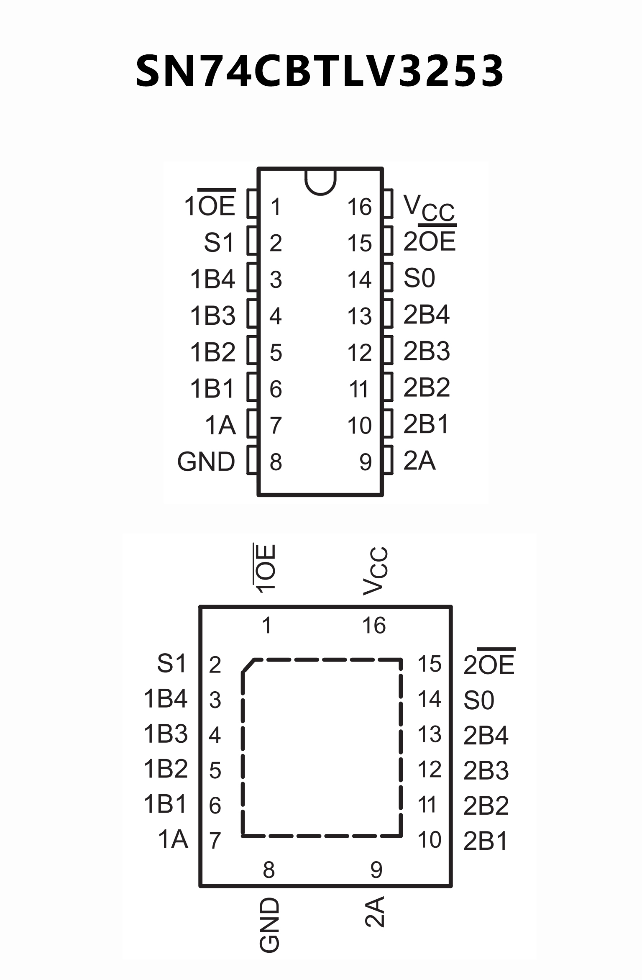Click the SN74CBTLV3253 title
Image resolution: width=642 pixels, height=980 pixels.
click(320, 71)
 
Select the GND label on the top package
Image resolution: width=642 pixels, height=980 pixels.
click(206, 462)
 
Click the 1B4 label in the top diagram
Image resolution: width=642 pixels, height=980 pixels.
click(212, 279)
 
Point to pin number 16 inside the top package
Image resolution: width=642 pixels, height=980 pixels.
click(359, 207)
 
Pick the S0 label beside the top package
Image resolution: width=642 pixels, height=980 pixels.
click(419, 278)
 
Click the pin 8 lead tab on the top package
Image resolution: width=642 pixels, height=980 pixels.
click(252, 460)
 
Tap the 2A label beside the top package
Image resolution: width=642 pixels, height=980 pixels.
click(419, 461)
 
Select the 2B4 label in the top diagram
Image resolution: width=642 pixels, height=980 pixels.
click(426, 315)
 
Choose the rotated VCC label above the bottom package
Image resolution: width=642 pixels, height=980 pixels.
click(376, 571)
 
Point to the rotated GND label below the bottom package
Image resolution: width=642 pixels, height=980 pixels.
click(269, 925)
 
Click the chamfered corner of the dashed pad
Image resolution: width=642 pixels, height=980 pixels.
click(248, 666)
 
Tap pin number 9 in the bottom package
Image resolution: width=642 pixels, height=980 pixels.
click(376, 870)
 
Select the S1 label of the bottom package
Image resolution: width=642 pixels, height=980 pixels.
click(171, 664)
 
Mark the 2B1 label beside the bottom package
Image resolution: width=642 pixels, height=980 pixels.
click(486, 841)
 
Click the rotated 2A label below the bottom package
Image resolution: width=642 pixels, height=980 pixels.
click(375, 912)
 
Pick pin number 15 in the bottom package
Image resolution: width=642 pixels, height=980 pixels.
click(429, 664)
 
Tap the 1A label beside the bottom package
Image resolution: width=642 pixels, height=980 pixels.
click(173, 839)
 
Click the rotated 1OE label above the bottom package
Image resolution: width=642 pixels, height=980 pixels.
click(265, 568)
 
